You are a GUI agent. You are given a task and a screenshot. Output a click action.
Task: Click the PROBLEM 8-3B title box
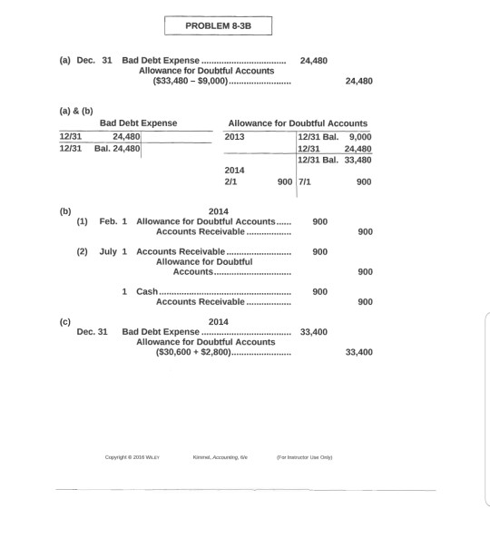point(218,25)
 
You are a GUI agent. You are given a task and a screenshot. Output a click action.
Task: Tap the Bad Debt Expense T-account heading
point(138,122)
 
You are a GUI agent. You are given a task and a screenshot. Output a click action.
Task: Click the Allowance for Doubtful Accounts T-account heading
point(298,122)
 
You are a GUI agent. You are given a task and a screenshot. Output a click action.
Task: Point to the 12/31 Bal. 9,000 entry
point(335,136)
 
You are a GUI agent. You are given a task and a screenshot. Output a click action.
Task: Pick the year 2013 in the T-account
point(235,136)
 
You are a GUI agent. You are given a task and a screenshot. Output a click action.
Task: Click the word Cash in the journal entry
point(146,292)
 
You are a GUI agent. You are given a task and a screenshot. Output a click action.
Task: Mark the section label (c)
point(64,321)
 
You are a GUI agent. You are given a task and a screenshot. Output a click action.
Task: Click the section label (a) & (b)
point(77,107)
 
